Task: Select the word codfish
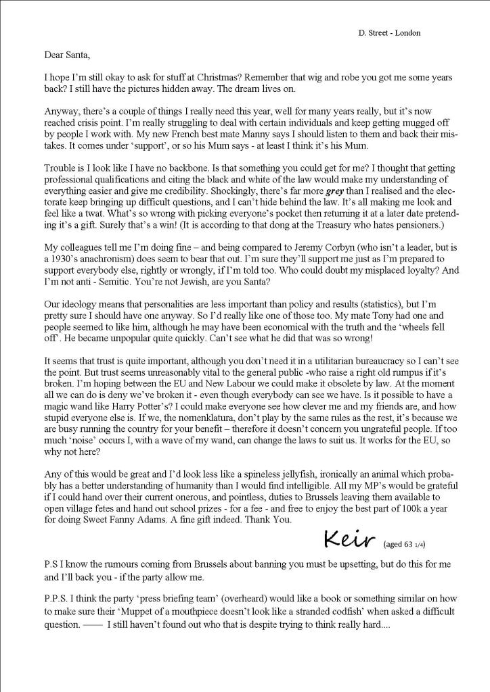point(334,614)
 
